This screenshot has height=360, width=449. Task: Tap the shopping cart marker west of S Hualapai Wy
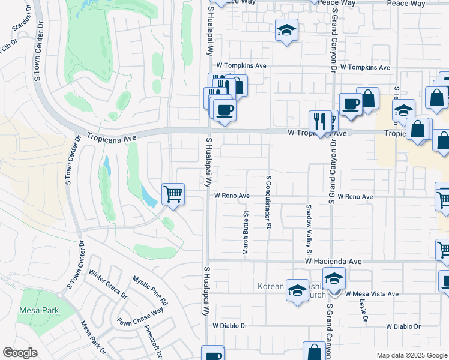(173, 194)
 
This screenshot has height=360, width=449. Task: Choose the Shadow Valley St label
(309, 223)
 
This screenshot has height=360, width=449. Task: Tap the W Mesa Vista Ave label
(372, 294)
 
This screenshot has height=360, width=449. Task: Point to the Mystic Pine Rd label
(150, 290)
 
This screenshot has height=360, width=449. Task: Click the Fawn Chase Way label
(140, 317)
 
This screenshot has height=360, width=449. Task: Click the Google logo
(20, 353)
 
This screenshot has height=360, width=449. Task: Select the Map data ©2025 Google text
(411, 355)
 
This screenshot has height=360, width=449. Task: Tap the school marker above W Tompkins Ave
(287, 29)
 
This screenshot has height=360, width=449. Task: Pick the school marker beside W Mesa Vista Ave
(334, 278)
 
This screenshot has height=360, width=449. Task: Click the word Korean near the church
(270, 286)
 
